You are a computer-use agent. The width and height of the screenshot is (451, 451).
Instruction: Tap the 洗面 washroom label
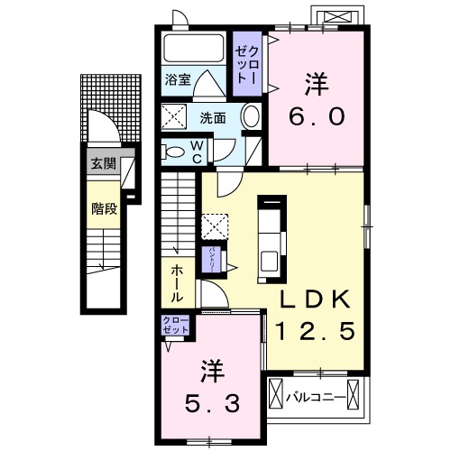tap(213, 117)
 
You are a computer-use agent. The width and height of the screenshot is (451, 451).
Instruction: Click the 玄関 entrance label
tap(103, 164)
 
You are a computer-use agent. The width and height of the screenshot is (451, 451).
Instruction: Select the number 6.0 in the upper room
tap(315, 116)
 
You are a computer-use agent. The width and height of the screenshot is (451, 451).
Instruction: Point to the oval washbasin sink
tap(252, 117)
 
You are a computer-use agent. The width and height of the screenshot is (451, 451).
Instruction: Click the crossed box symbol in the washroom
tap(173, 117)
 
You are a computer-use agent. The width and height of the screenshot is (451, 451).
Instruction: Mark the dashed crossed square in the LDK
tap(215, 225)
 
